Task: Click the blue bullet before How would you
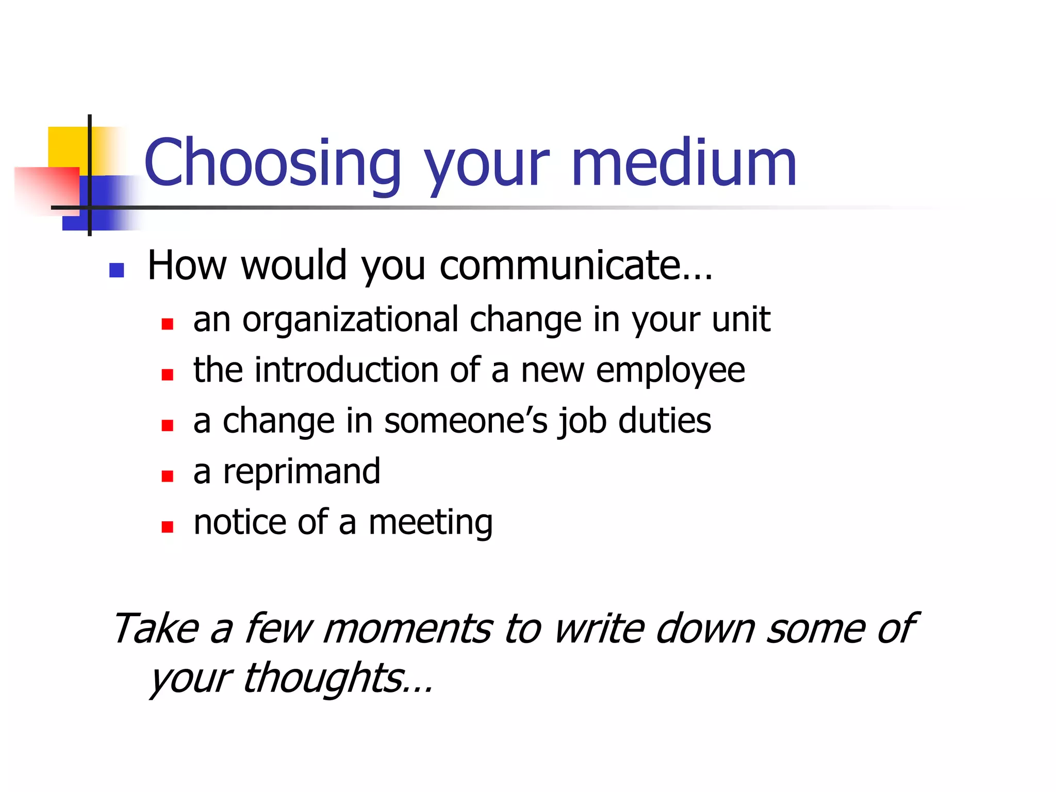tap(117, 270)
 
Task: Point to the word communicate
tap(575, 265)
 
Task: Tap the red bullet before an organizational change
tap(167, 324)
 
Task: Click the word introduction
tap(346, 370)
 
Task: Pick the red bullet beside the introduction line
tap(167, 374)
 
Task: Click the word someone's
tap(466, 421)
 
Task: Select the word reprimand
tap(302, 471)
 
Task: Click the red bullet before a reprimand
tap(167, 476)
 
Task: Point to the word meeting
tap(431, 523)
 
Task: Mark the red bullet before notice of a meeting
tap(167, 526)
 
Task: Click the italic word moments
tap(407, 629)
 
